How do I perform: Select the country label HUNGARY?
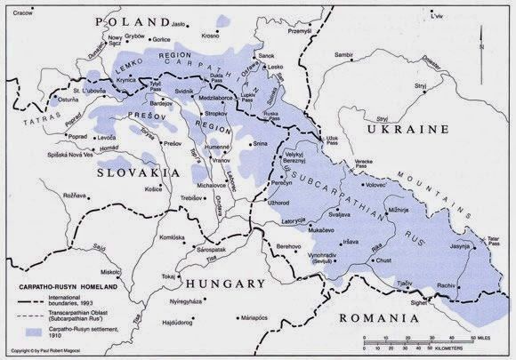tap(226, 284)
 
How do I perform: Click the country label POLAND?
tap(133, 20)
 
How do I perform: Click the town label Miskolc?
tap(110, 271)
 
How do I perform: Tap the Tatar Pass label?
tap(491, 238)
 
